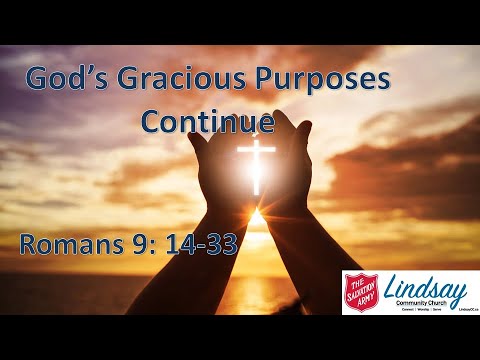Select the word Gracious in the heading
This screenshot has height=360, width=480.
pyautogui.click(x=186, y=80)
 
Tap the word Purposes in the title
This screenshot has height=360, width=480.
pyautogui.click(x=320, y=80)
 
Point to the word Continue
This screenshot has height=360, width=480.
pyautogui.click(x=207, y=121)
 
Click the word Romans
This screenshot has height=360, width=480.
pyautogui.click(x=71, y=244)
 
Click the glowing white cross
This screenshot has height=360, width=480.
pyautogui.click(x=256, y=163)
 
